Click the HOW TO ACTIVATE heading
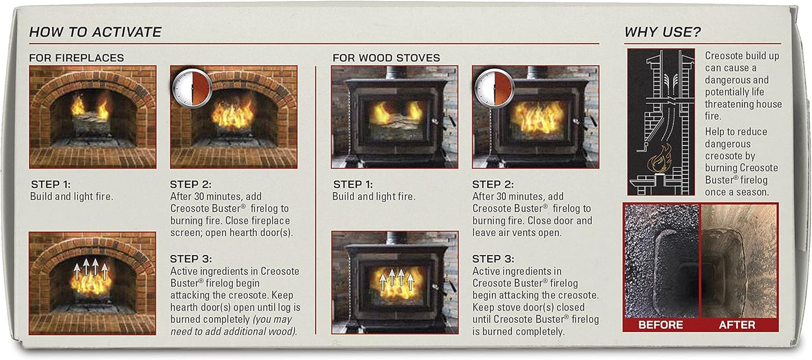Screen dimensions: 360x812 95,32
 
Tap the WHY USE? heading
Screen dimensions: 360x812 663,32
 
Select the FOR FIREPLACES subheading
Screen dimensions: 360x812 76,58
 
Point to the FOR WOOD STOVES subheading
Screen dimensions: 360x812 386,58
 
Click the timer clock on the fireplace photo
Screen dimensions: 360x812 192,88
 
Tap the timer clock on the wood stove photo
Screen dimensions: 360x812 495,88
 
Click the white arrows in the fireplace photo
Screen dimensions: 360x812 90,269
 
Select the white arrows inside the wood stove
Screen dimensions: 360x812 395,278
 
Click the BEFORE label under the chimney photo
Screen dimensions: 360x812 661,325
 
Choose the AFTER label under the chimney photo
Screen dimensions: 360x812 737,325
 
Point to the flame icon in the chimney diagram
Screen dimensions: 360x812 660,158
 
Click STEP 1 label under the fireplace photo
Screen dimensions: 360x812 51,184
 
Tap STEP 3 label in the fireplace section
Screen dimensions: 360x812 191,259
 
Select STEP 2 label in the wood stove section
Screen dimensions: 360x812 493,184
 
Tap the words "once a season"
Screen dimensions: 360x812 737,192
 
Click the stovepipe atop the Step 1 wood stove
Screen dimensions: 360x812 396,72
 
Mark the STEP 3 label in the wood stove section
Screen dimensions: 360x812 493,259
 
